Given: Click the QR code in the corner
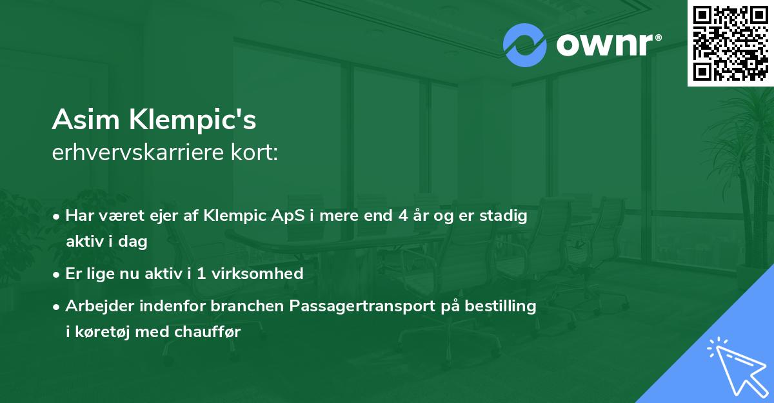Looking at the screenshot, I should click(x=731, y=43).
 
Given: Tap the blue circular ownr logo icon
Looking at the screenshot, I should click(x=525, y=45).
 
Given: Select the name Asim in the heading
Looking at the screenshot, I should click(x=87, y=119).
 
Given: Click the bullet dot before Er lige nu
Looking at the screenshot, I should click(x=57, y=274).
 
